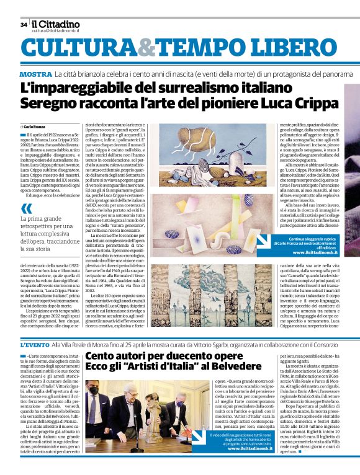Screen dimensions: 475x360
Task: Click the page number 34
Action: tap(24, 25)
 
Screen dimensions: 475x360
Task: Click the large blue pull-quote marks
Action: tap(26, 209)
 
